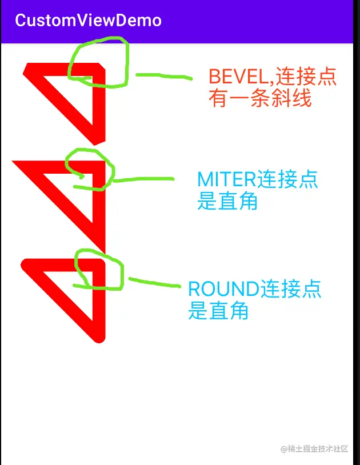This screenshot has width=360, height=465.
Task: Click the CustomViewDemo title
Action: click(88, 21)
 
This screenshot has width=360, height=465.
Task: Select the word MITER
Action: click(226, 179)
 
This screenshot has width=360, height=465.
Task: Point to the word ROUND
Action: click(223, 289)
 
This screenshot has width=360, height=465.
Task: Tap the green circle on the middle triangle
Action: click(90, 169)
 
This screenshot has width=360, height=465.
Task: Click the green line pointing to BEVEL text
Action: click(163, 75)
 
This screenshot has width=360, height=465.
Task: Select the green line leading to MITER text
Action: click(143, 179)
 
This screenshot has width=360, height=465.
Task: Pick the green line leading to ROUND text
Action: click(154, 282)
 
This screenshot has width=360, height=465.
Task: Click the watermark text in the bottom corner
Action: click(314, 449)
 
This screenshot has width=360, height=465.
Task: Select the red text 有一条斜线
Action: click(260, 99)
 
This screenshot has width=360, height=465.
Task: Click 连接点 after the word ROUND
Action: click(291, 289)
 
